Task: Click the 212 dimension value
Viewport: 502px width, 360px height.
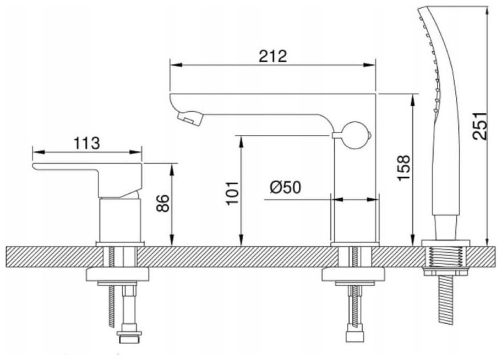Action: [x=273, y=56]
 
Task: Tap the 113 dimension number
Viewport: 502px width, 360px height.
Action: [x=87, y=143]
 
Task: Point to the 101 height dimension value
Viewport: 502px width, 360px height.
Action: [x=232, y=193]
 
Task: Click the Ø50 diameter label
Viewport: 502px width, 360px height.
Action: [x=285, y=187]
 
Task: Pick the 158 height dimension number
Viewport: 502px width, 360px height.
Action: [x=403, y=168]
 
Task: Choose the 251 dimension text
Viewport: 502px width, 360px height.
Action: [x=480, y=126]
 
